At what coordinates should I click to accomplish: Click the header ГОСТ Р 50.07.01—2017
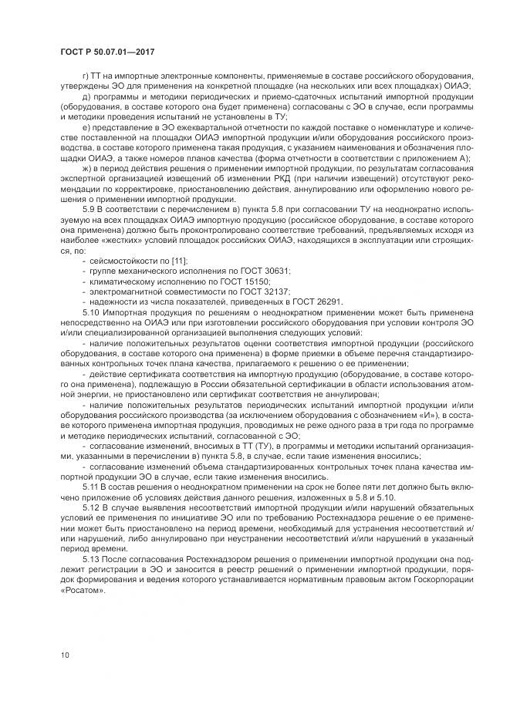click(x=103, y=51)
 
